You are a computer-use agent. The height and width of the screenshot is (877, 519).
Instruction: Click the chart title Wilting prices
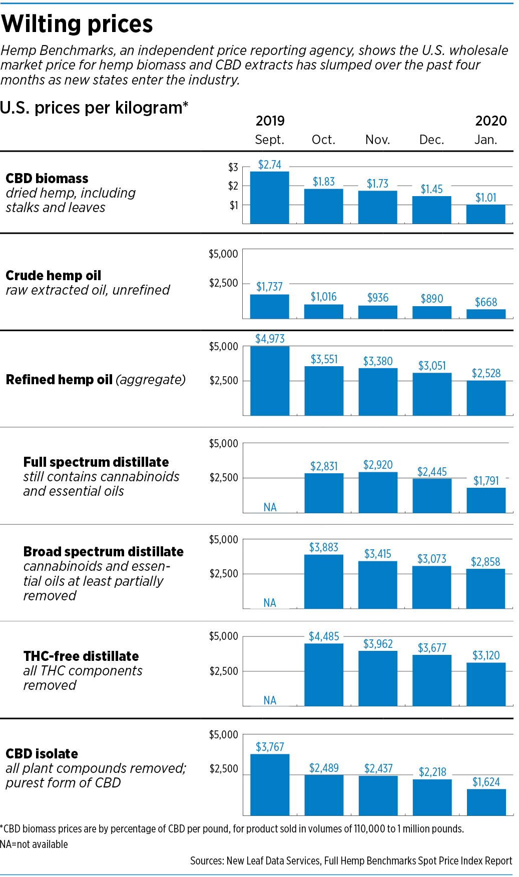pyautogui.click(x=77, y=24)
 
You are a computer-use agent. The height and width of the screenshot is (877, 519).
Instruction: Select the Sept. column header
pyautogui.click(x=269, y=140)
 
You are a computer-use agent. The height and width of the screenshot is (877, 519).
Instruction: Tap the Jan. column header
pyautogui.click(x=485, y=140)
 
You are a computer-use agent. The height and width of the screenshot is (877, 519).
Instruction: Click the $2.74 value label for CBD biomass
pyautogui.click(x=269, y=165)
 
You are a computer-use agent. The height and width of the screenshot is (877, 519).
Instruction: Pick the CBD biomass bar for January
pyautogui.click(x=485, y=214)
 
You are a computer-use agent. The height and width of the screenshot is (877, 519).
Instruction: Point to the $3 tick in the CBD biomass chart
pyautogui.click(x=233, y=167)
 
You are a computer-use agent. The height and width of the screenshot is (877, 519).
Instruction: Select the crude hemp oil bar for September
pyautogui.click(x=269, y=306)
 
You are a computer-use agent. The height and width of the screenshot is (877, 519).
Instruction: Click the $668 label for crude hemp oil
pyautogui.click(x=485, y=302)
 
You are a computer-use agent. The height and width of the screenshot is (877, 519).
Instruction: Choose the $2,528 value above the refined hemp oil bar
pyautogui.click(x=485, y=373)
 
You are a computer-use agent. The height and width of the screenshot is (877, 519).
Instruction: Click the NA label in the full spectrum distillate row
pyautogui.click(x=270, y=507)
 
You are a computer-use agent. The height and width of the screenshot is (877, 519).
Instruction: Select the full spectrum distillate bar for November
pyautogui.click(x=377, y=492)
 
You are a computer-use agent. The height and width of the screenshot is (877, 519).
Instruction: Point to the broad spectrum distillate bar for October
pyautogui.click(x=323, y=581)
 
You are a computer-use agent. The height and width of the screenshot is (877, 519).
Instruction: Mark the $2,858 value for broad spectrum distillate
pyautogui.click(x=485, y=562)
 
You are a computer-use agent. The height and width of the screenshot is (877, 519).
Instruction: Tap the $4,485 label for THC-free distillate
pyautogui.click(x=323, y=636)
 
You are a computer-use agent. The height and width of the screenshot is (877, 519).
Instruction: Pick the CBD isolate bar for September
pyautogui.click(x=269, y=784)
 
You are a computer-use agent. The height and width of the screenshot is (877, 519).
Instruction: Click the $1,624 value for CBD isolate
pyautogui.click(x=485, y=782)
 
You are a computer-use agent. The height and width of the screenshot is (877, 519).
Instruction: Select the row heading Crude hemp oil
pyautogui.click(x=53, y=276)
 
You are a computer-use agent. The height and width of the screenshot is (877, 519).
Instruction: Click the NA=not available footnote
pyautogui.click(x=34, y=844)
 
